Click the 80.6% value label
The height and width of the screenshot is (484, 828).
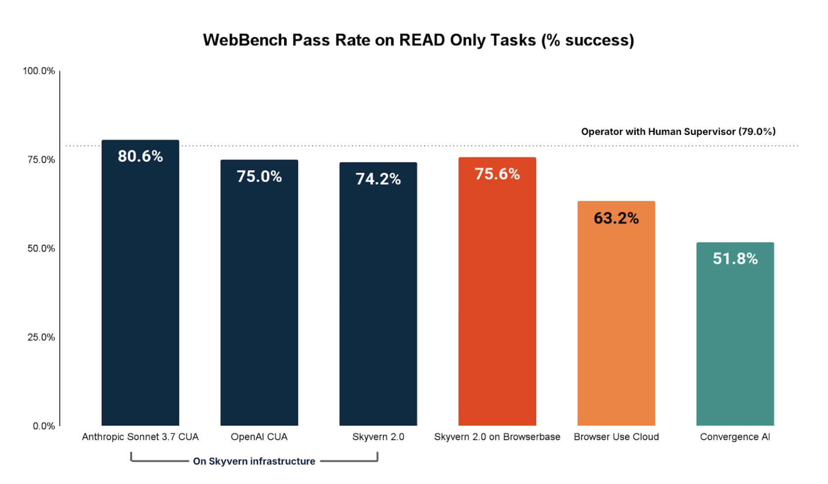click(140, 157)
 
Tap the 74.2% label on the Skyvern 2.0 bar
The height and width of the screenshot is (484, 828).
click(378, 179)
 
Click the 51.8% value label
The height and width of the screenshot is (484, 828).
click(735, 259)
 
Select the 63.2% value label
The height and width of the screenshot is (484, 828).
click(616, 218)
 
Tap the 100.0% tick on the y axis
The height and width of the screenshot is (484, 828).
click(39, 71)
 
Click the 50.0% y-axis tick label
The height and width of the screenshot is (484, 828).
click(41, 248)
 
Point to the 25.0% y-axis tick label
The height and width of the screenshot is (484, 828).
click(41, 337)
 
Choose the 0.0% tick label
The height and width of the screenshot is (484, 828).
click(43, 426)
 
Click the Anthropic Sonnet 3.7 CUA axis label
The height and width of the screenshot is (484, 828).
click(140, 437)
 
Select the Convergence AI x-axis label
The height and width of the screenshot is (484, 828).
click(735, 437)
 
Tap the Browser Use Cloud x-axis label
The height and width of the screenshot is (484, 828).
click(616, 437)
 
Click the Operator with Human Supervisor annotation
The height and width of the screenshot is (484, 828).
click(678, 132)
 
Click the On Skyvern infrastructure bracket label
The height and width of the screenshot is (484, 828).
click(254, 461)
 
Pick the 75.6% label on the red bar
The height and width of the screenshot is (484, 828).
click(497, 174)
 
